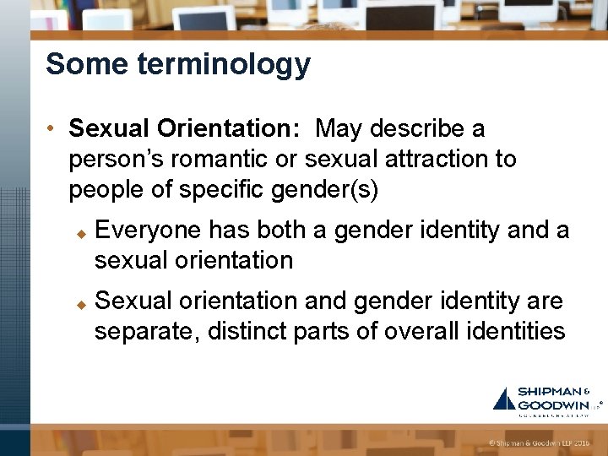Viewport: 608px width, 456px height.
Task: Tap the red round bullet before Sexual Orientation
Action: tap(52, 129)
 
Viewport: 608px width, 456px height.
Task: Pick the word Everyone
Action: tap(148, 230)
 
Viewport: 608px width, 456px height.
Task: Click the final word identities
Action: tap(517, 331)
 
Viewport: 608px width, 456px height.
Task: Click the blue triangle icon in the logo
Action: tap(504, 399)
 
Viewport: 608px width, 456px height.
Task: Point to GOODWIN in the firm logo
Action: tap(554, 404)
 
